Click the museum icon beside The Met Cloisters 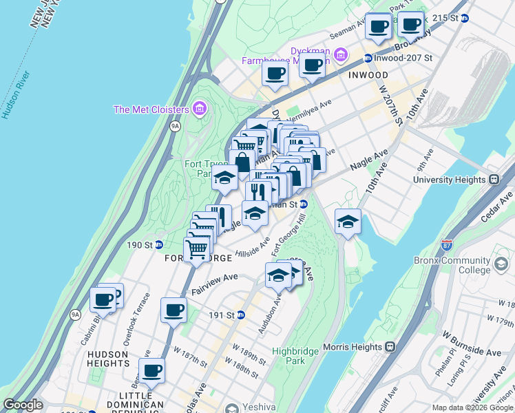click(200, 109)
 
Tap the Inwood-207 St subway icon click(368, 59)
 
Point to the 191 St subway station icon click(241, 315)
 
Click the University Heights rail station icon click(494, 180)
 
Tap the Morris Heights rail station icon click(390, 346)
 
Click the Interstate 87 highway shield click(447, 245)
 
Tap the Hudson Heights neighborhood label click(108, 359)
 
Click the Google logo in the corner click(22, 405)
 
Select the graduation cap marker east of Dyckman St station click(348, 222)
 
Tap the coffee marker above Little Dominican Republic click(151, 370)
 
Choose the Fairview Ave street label click(214, 282)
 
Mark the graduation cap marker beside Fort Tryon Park click(224, 178)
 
